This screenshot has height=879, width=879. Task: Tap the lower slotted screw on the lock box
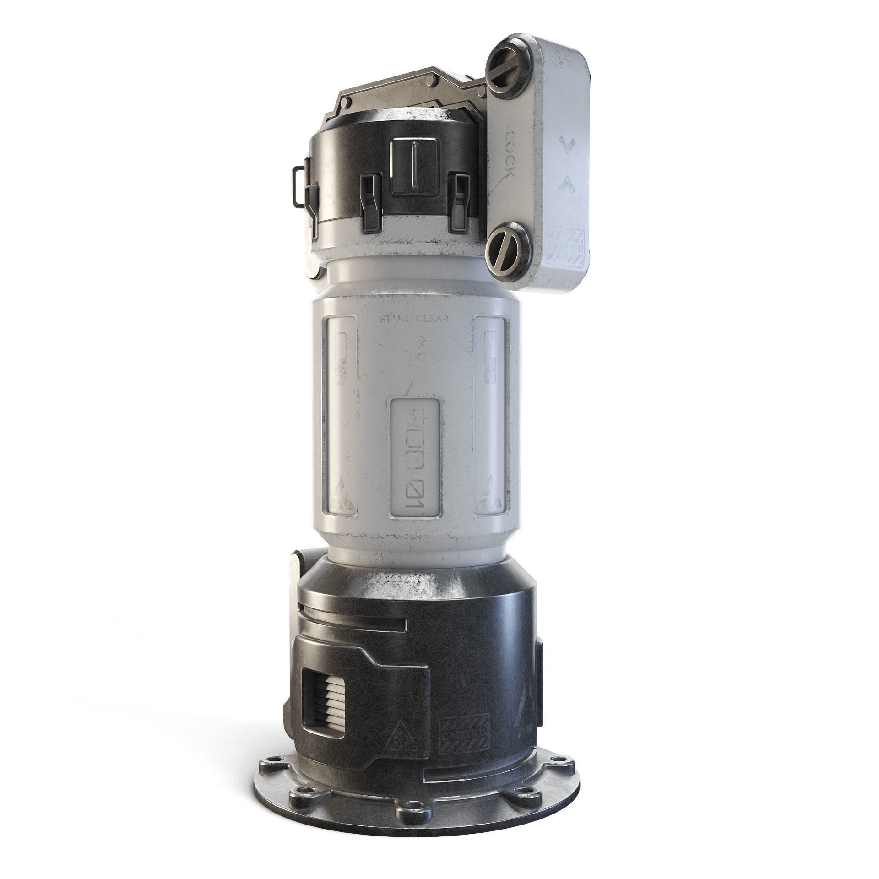[x=509, y=253]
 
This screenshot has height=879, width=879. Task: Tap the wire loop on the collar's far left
[x=298, y=183]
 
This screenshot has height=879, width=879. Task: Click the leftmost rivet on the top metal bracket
[x=347, y=100]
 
